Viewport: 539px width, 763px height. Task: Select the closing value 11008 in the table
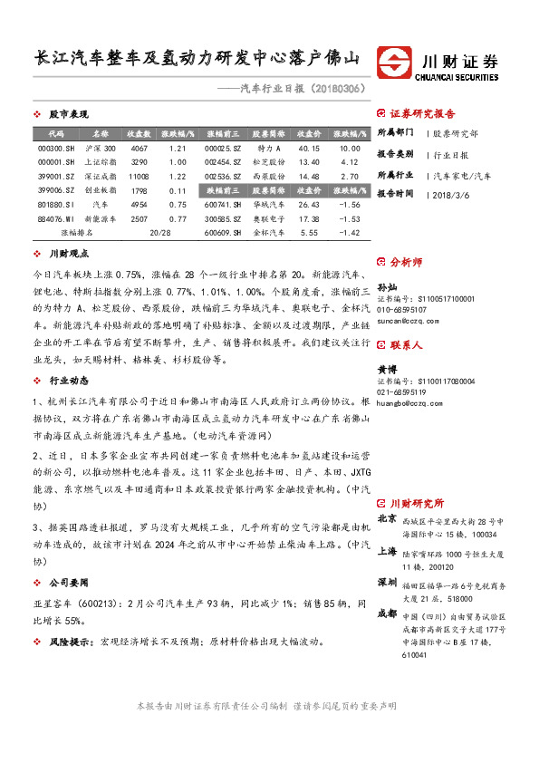point(139,176)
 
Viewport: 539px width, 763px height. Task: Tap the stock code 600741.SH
point(223,205)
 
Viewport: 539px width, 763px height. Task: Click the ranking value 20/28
point(159,233)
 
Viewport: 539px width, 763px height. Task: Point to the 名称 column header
point(100,133)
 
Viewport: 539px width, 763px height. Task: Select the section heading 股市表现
point(69,115)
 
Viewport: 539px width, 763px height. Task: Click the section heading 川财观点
point(69,256)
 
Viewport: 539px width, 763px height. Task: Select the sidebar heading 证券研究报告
point(422,115)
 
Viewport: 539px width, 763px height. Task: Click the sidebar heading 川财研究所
point(418,503)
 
